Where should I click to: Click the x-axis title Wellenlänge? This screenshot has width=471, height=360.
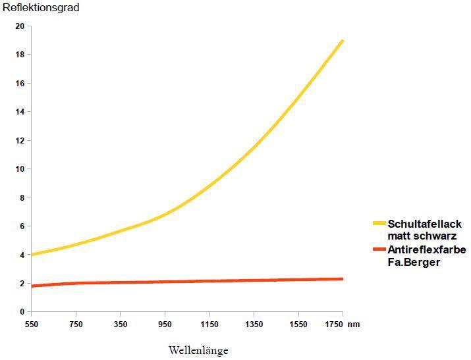[x=198, y=350]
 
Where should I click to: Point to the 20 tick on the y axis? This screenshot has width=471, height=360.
[x=20, y=26]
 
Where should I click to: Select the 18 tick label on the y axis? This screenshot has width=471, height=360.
[x=20, y=55]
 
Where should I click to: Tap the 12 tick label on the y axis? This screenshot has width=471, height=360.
[x=20, y=140]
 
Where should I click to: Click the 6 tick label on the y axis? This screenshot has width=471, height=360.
[x=22, y=226]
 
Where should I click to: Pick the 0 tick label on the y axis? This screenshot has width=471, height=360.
[x=22, y=312]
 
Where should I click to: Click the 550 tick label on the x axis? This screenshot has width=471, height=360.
[x=32, y=324]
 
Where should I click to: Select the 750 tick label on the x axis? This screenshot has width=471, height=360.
[x=76, y=324]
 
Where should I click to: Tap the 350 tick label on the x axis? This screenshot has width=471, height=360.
[x=121, y=324]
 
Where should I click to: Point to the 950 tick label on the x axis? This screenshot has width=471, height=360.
[x=165, y=324]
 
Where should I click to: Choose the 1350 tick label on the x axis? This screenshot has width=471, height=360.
[x=254, y=324]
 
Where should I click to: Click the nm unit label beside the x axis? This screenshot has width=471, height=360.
[x=355, y=324]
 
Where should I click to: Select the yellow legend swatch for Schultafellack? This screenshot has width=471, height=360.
[x=379, y=224]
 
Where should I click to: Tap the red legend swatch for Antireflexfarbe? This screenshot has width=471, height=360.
[x=379, y=250]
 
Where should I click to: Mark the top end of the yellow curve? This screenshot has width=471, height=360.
[x=343, y=41]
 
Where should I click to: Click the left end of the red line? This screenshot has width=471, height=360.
[x=32, y=286]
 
